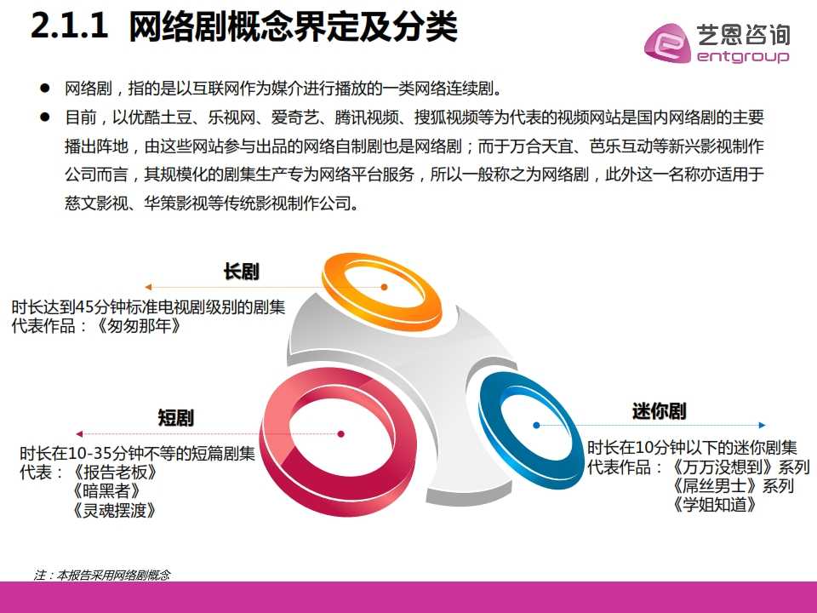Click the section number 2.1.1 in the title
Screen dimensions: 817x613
click(69, 26)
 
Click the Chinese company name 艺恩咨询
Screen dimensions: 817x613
click(744, 35)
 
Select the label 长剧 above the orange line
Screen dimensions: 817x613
click(241, 272)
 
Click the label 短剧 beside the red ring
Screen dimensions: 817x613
click(175, 418)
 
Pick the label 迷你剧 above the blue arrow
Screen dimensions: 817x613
click(659, 411)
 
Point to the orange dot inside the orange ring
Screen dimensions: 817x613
click(384, 287)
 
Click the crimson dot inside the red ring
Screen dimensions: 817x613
click(340, 433)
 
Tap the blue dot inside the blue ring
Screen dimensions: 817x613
click(536, 426)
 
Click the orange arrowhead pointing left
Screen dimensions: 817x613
click(148, 287)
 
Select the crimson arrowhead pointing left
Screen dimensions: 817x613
click(79, 433)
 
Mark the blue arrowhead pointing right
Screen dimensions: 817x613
click(763, 426)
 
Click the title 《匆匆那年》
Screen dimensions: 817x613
click(139, 326)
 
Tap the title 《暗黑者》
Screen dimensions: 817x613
click(106, 491)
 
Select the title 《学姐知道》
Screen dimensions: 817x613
click(714, 505)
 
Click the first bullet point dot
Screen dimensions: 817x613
click(45, 88)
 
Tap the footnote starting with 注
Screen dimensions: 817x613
click(102, 575)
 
